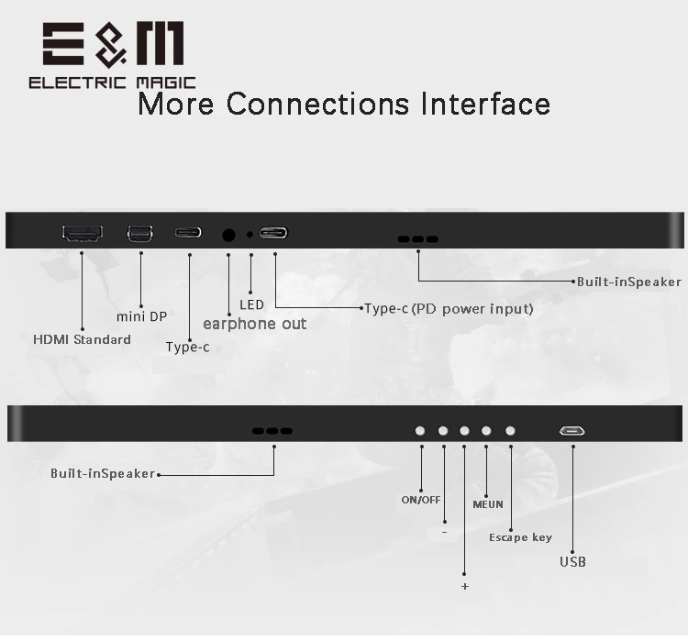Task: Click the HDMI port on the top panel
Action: [83, 234]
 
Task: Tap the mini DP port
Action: [140, 234]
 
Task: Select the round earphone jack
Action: [228, 235]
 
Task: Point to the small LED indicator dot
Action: [250, 235]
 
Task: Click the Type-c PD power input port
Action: [273, 233]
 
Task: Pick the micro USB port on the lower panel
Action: [572, 431]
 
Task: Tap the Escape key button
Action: [510, 431]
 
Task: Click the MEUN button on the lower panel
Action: [486, 431]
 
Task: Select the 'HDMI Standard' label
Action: [82, 339]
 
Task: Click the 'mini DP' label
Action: [141, 316]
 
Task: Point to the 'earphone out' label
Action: [254, 324]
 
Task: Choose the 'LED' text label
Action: [251, 304]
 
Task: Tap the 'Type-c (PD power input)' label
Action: [449, 309]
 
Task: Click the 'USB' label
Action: [572, 561]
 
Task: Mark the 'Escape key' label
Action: [520, 537]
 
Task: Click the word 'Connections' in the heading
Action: [318, 104]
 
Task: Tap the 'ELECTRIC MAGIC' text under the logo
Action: [112, 83]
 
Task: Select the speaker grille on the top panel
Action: [417, 239]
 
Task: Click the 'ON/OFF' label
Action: [421, 500]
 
